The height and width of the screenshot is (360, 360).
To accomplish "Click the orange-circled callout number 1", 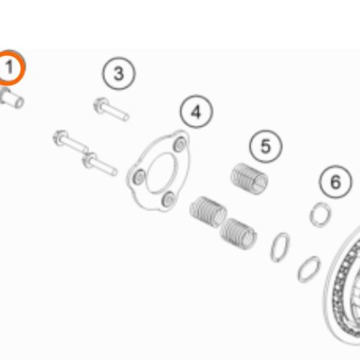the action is click(x=9, y=68).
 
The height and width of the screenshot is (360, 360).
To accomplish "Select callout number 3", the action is click(x=119, y=73).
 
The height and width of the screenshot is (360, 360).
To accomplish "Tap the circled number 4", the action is click(x=197, y=112).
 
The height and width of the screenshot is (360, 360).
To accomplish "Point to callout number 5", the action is click(x=266, y=146).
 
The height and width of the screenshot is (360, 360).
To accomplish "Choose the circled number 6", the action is click(x=336, y=181).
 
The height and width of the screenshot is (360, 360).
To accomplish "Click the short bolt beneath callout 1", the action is click(x=12, y=99).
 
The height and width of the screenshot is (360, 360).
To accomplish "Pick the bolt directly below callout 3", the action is click(x=112, y=109).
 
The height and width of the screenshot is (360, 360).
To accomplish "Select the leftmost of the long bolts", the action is click(x=71, y=142).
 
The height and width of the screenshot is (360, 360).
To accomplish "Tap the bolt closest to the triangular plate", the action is click(x=100, y=164).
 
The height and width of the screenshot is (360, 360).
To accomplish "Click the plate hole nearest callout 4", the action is click(x=180, y=144).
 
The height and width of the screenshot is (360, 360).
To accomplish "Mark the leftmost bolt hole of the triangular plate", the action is click(x=140, y=177).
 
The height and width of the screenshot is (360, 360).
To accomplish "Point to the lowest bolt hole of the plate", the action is click(x=168, y=199).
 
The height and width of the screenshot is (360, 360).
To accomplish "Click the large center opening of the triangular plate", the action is click(x=161, y=173).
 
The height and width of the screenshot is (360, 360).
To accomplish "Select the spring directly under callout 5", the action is click(x=249, y=179).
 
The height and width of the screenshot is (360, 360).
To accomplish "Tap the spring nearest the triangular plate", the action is click(x=208, y=212).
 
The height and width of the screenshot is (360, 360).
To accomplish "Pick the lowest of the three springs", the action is click(x=238, y=234).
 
